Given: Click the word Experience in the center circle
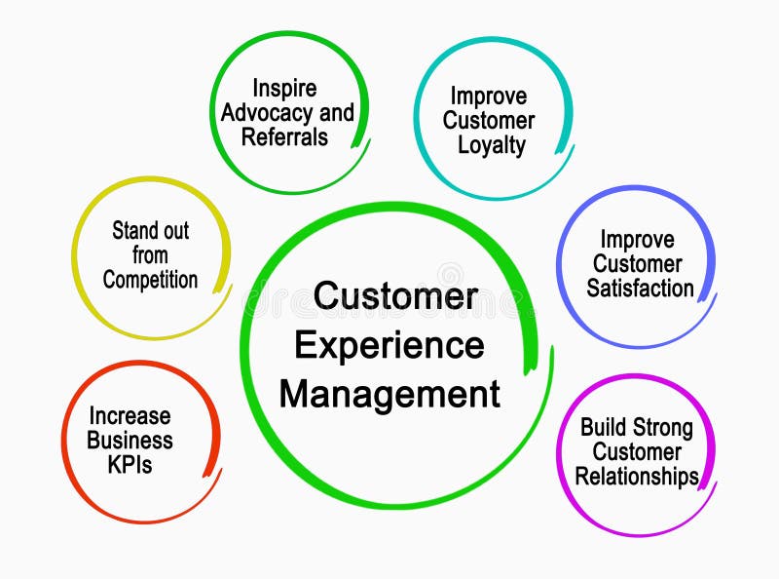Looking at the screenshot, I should pyautogui.click(x=389, y=346).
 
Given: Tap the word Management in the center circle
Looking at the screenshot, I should pyautogui.click(x=389, y=394).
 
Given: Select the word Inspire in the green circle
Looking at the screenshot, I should pyautogui.click(x=284, y=88).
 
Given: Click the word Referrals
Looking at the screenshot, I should pyautogui.click(x=284, y=136).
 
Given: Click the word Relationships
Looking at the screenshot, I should pyautogui.click(x=637, y=477).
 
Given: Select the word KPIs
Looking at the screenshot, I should pyautogui.click(x=130, y=464).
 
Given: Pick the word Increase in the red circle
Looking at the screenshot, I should pyautogui.click(x=130, y=416).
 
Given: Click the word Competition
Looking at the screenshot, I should pyautogui.click(x=150, y=280).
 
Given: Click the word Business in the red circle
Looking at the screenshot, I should pyautogui.click(x=130, y=441).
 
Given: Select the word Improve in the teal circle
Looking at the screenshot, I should pyautogui.click(x=488, y=96).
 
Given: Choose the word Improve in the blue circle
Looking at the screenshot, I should pyautogui.click(x=637, y=239).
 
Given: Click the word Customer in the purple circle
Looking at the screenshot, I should pyautogui.click(x=637, y=451).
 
